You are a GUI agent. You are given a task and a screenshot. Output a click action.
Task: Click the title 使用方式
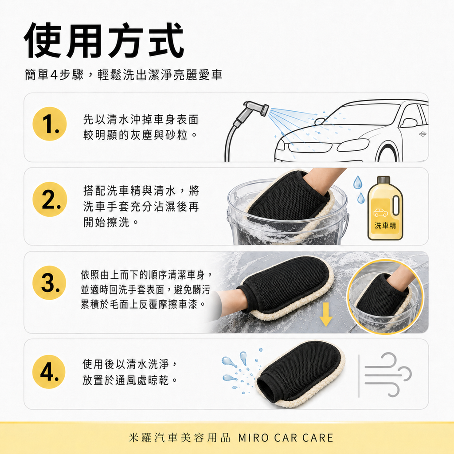pos(104,42)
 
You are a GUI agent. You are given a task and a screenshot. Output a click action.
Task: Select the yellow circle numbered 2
pos(50,199)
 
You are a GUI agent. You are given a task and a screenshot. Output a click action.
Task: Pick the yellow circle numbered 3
pos(50,283)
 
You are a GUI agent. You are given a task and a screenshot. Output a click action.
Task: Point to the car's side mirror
pos(408,122)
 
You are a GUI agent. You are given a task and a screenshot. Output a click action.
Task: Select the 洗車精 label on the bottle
pos(385,225)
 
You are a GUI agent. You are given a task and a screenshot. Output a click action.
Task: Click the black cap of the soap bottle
pos(383,180)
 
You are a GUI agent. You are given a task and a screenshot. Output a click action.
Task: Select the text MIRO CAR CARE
pos(286,438)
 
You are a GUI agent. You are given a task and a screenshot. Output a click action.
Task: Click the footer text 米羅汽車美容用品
pos(180,438)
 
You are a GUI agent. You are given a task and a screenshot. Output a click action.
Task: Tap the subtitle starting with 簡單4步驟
pos(123,75)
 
